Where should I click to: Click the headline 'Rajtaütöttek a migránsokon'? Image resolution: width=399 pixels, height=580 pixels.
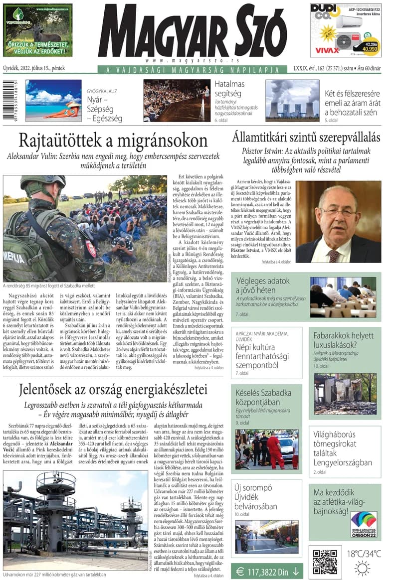(113, 140)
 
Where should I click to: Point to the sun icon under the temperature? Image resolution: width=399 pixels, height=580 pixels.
(362, 568)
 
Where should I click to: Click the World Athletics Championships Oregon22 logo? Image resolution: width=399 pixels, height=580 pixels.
(364, 524)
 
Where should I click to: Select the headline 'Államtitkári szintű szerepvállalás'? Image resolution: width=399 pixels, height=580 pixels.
(306, 137)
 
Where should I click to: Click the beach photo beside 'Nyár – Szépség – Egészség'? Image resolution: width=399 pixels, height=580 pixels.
(53, 101)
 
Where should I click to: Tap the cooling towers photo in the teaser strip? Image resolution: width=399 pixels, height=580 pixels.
(292, 101)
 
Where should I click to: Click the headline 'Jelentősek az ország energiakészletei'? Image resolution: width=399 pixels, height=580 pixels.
(113, 389)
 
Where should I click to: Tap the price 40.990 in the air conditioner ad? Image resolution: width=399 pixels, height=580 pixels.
(369, 49)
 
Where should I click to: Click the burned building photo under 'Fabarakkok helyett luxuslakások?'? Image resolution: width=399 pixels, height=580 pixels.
(345, 394)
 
